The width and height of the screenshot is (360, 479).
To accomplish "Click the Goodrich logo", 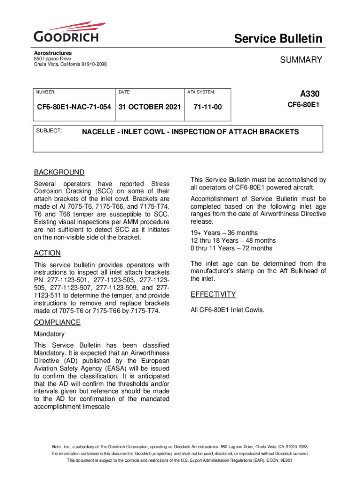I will click(x=66, y=33).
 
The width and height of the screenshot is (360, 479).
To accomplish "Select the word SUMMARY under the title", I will click(x=301, y=59).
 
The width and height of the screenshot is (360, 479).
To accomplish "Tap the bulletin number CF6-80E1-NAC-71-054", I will click(x=74, y=107).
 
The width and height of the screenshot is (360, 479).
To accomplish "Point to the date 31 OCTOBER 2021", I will click(x=150, y=107).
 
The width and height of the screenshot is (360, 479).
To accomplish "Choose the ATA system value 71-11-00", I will click(x=207, y=107).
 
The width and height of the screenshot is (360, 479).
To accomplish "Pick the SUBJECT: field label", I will click(x=49, y=131).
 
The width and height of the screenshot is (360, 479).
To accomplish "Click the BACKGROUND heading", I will click(x=59, y=172).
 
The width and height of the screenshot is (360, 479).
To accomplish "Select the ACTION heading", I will click(x=47, y=253).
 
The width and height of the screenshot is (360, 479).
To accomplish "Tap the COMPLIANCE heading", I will click(x=57, y=322).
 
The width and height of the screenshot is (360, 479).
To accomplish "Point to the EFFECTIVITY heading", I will click(x=213, y=294).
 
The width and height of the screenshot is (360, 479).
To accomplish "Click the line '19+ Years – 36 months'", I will click(x=224, y=233).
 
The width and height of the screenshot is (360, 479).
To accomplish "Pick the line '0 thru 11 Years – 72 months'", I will click(x=231, y=248).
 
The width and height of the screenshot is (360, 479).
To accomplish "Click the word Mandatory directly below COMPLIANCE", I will click(x=49, y=334).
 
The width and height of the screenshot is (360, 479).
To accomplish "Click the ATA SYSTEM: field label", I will click(x=201, y=93).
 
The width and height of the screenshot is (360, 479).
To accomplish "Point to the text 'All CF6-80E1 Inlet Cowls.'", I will click(x=227, y=310).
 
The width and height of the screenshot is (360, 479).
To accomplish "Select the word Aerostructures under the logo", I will click(x=52, y=53).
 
